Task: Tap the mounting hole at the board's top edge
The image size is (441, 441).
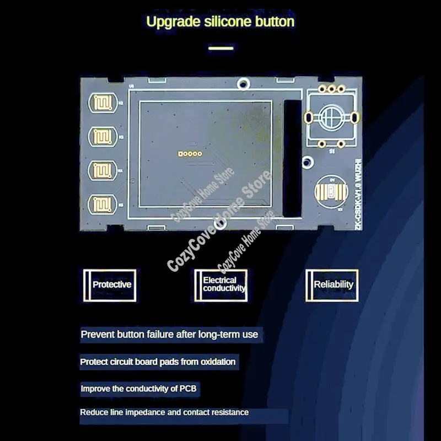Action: [241, 84]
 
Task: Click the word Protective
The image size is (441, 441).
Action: [112, 284]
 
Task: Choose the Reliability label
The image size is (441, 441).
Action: [333, 284]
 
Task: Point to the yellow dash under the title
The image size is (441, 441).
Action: [220, 48]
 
